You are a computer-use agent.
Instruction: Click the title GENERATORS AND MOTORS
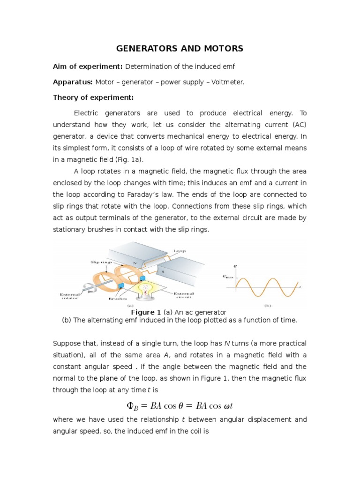180,48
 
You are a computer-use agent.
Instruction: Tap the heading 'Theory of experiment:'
93,97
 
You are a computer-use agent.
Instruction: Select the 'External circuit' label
184,295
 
